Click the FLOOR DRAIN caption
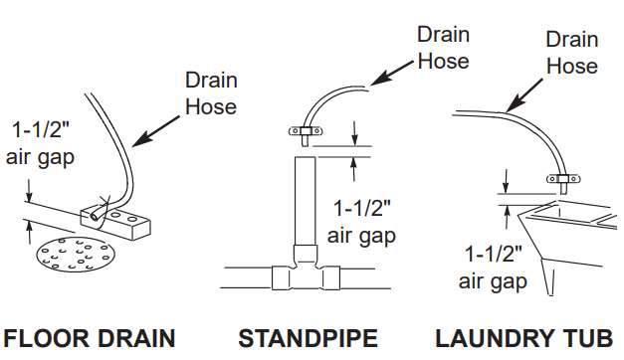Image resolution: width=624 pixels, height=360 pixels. pos(91,338)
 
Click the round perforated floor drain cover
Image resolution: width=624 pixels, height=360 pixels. pos(73,258)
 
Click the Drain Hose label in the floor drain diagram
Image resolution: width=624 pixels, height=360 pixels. pos(211,92)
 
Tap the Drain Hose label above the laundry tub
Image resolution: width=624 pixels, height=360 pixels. pos(572,53)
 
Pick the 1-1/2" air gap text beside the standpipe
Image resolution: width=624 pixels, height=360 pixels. pos(363,222)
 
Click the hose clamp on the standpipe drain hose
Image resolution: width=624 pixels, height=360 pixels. pos(304,131)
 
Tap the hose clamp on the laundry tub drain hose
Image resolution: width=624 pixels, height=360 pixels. pos(562,180)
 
